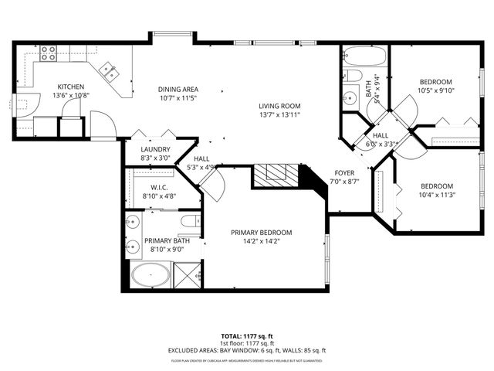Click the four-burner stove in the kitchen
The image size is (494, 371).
pos(49,53)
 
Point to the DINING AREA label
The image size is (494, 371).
pos(178,89)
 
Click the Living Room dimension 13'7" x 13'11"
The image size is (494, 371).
pos(279,114)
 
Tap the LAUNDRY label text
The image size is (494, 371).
pos(155,150)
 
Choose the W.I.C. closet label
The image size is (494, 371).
pos(160,187)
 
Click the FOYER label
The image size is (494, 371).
pos(344,172)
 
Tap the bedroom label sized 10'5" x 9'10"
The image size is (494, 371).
pos(435,81)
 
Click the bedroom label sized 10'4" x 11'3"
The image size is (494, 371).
pos(436,185)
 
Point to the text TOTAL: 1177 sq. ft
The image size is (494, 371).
pos(247,336)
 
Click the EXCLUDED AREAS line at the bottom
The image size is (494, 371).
pos(247,350)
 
